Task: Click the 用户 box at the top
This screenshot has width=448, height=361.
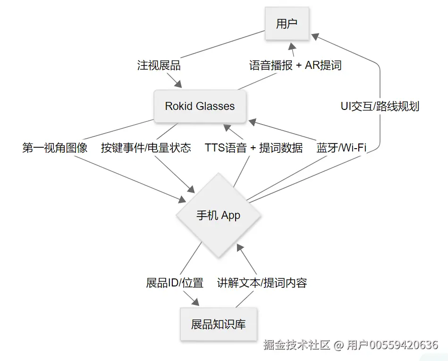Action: (x=287, y=24)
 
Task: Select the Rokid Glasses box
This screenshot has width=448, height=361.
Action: (x=200, y=106)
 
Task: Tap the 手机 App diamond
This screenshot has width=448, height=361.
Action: (x=218, y=215)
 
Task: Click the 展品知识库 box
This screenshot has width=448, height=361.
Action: (x=219, y=325)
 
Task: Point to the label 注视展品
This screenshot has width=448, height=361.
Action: (x=159, y=66)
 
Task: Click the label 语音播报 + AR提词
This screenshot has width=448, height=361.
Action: (x=296, y=66)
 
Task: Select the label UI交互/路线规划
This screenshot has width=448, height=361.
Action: (x=380, y=106)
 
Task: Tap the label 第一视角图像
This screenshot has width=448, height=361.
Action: (x=55, y=148)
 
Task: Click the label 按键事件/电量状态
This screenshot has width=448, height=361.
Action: (x=146, y=148)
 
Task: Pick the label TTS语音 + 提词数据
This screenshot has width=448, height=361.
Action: (x=254, y=148)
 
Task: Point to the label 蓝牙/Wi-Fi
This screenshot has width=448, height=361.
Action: (x=341, y=148)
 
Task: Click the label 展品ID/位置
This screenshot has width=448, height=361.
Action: (x=175, y=283)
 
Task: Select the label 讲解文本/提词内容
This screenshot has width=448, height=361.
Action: (x=262, y=283)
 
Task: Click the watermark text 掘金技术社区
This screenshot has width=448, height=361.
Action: (x=297, y=345)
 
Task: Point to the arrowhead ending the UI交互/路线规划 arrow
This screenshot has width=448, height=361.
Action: (x=315, y=36)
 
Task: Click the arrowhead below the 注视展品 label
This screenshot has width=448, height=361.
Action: (x=178, y=84)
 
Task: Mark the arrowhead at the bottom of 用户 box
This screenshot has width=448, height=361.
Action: (x=292, y=46)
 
